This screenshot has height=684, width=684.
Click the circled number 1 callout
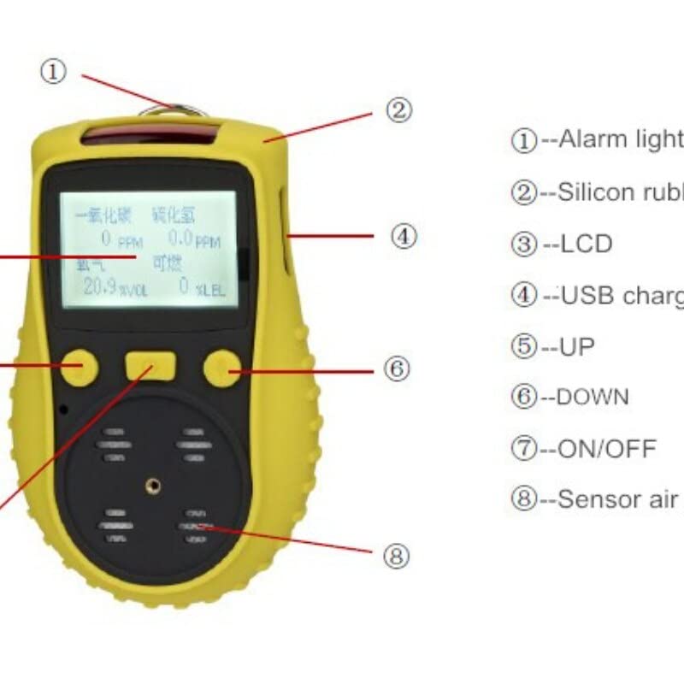53,73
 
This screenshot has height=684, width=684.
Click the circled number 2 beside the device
398,109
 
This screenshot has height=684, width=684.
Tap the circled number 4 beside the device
404,236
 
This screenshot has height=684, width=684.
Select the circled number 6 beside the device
397,369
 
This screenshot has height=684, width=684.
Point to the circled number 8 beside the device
395,557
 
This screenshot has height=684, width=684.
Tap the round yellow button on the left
80,367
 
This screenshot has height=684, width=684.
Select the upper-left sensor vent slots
115,445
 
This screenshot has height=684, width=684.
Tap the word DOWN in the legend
593,398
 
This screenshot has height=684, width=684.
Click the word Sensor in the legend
602,500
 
